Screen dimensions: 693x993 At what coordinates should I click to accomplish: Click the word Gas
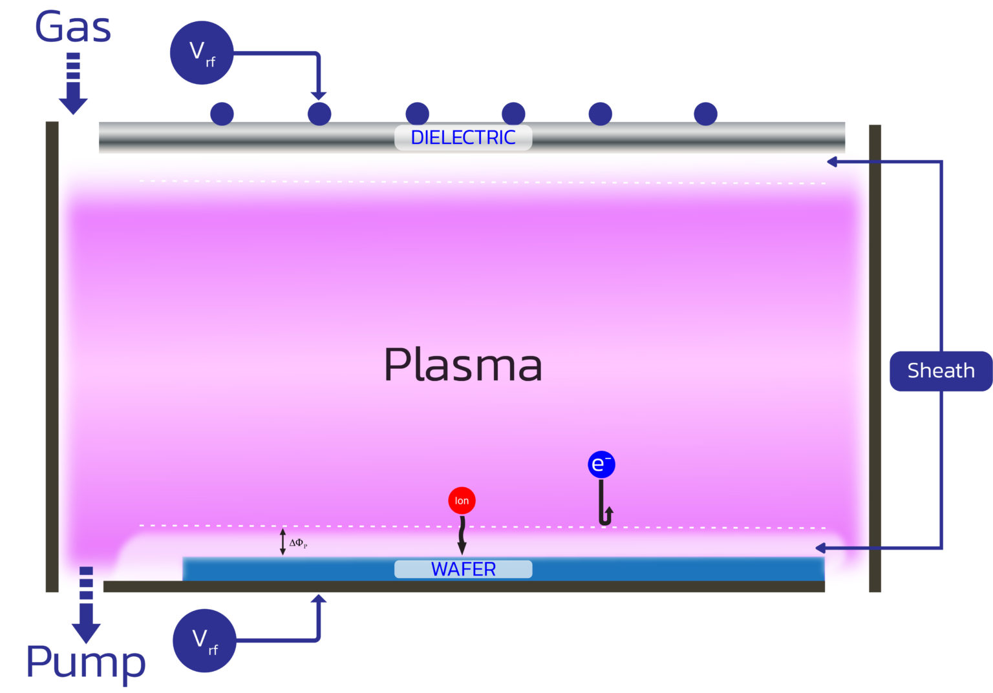point(72,27)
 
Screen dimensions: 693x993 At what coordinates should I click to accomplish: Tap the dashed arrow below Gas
point(73,84)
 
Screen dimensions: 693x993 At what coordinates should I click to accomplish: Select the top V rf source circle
point(201,53)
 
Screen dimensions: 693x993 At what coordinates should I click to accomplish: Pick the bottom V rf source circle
point(204,640)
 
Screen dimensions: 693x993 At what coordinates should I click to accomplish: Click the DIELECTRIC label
point(463,138)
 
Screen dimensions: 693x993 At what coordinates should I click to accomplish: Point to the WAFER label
point(463,569)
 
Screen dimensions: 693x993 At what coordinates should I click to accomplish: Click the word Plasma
point(462,365)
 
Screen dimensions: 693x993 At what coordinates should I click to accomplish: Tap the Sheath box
point(941,371)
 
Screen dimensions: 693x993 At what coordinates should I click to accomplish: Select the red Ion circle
point(462,501)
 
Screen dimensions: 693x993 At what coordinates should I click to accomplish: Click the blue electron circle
point(601,464)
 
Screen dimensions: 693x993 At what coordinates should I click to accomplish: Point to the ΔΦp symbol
point(298,543)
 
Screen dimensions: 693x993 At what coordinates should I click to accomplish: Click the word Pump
point(85,662)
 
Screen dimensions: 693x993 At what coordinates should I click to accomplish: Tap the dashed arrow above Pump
point(86,605)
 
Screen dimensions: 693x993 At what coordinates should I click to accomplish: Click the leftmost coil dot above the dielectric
point(222,114)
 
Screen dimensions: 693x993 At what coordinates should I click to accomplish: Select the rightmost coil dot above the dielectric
point(705,114)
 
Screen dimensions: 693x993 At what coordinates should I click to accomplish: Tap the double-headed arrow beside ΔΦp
point(283,542)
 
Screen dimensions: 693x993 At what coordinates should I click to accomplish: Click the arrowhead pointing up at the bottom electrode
point(318,599)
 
